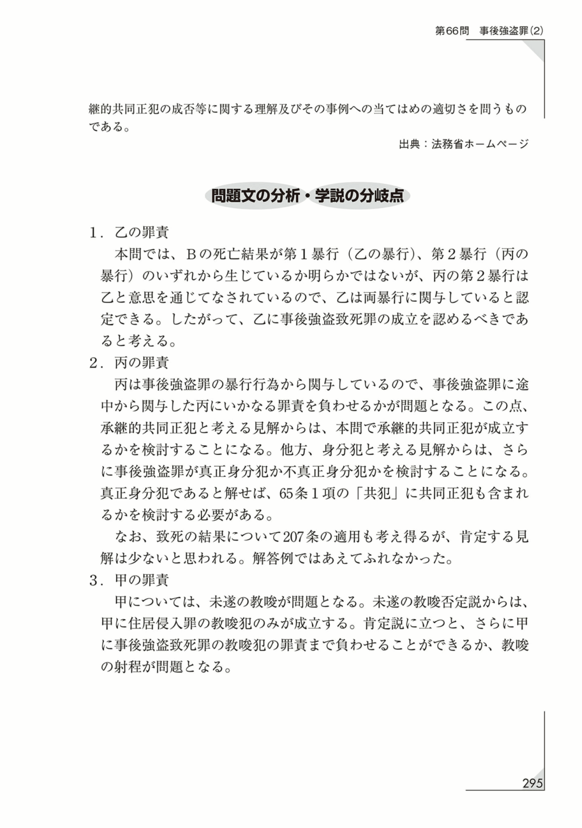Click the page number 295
[x=532, y=783]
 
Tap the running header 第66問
[x=452, y=31]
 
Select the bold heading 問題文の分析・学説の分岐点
[x=307, y=196]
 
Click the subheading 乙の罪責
[x=141, y=232]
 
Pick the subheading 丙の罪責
[x=141, y=363]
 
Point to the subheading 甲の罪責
[x=141, y=580]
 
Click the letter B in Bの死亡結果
[x=191, y=254]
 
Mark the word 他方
[x=294, y=450]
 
